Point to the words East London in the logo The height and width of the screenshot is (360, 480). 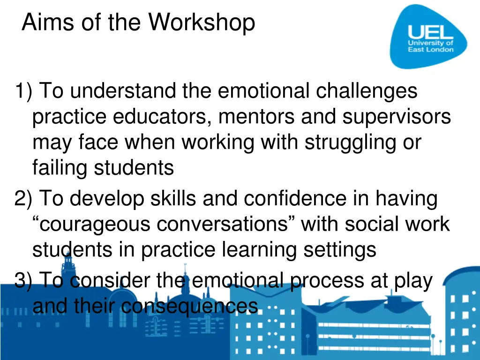coord(430,50)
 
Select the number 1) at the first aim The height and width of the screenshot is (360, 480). coord(23,91)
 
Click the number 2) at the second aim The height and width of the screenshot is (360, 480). coord(23,199)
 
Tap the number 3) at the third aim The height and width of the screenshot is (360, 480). coord(23,281)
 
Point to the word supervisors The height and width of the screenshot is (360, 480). coord(397,117)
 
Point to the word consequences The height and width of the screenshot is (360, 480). coord(189,307)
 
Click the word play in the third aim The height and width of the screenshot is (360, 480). coord(413,281)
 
